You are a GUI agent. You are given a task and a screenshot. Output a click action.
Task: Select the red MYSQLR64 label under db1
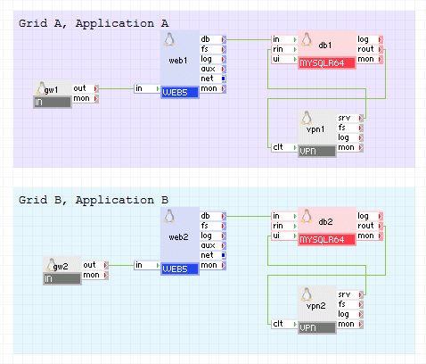tap(327, 63)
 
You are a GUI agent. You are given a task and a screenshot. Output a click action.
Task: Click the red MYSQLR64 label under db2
tap(327, 240)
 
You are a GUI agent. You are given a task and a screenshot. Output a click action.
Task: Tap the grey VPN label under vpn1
tap(316, 151)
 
